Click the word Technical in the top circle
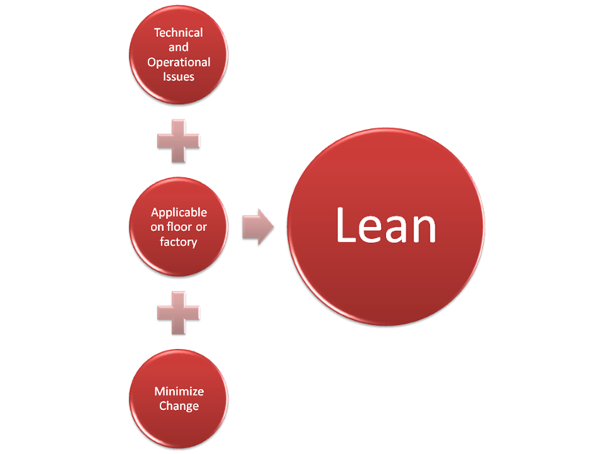[178, 32]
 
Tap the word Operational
[179, 62]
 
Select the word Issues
[178, 76]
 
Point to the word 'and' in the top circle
[178, 47]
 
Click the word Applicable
[179, 213]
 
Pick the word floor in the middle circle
[179, 226]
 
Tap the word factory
[178, 242]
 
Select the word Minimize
[179, 391]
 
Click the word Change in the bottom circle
[179, 406]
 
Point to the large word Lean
[386, 225]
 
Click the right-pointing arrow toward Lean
[258, 227]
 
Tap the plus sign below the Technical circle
[178, 141]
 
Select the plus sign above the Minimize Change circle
[178, 313]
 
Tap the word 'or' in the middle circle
[201, 227]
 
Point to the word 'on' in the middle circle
[157, 227]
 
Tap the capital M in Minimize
[160, 391]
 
